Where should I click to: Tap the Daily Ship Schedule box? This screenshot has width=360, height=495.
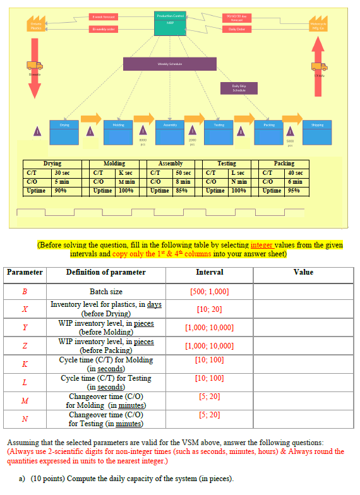(239, 88)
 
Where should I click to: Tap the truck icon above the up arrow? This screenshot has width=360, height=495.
(317, 66)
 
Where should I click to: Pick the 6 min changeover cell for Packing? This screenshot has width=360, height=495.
(296, 181)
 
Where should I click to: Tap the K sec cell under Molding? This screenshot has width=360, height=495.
(126, 172)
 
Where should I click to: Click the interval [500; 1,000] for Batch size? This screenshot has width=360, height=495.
(209, 292)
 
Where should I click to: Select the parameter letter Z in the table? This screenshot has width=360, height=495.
(25, 345)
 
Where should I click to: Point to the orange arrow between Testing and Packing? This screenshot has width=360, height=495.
(244, 119)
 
